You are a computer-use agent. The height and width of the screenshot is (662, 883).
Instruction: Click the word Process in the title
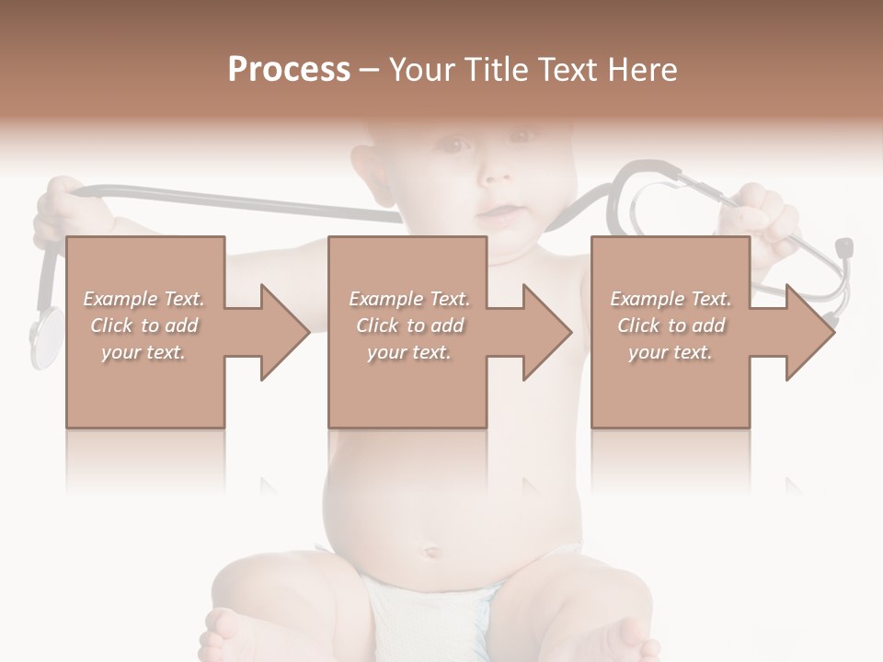[x=289, y=70]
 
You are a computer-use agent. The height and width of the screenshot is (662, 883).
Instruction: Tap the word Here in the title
[x=640, y=70]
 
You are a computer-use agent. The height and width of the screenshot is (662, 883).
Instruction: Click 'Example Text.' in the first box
[x=143, y=299]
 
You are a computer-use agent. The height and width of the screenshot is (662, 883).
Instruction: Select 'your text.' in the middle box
[x=408, y=352]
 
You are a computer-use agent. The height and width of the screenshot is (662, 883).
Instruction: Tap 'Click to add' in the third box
[x=671, y=325]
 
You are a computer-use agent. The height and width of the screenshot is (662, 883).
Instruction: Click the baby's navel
[x=429, y=554]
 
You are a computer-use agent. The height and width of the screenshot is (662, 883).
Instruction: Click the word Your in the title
[x=419, y=70]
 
